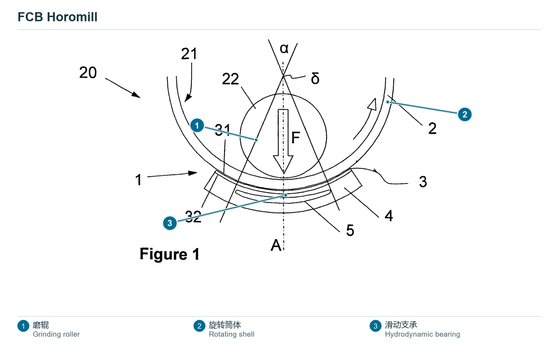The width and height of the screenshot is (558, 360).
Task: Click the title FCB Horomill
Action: pos(57,17)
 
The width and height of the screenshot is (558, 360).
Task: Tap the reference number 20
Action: pos(88,73)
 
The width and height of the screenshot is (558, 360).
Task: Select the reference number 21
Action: pos(189,54)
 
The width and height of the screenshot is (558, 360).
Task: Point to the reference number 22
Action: pos(231,79)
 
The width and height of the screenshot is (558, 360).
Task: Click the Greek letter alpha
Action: pos(284,48)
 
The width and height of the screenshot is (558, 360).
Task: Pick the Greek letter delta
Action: pos(315,78)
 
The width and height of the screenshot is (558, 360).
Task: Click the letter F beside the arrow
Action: pos(296,137)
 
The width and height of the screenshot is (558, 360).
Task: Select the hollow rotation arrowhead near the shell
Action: pos(372,104)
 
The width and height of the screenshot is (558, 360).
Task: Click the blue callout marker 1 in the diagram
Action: pos(197,125)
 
